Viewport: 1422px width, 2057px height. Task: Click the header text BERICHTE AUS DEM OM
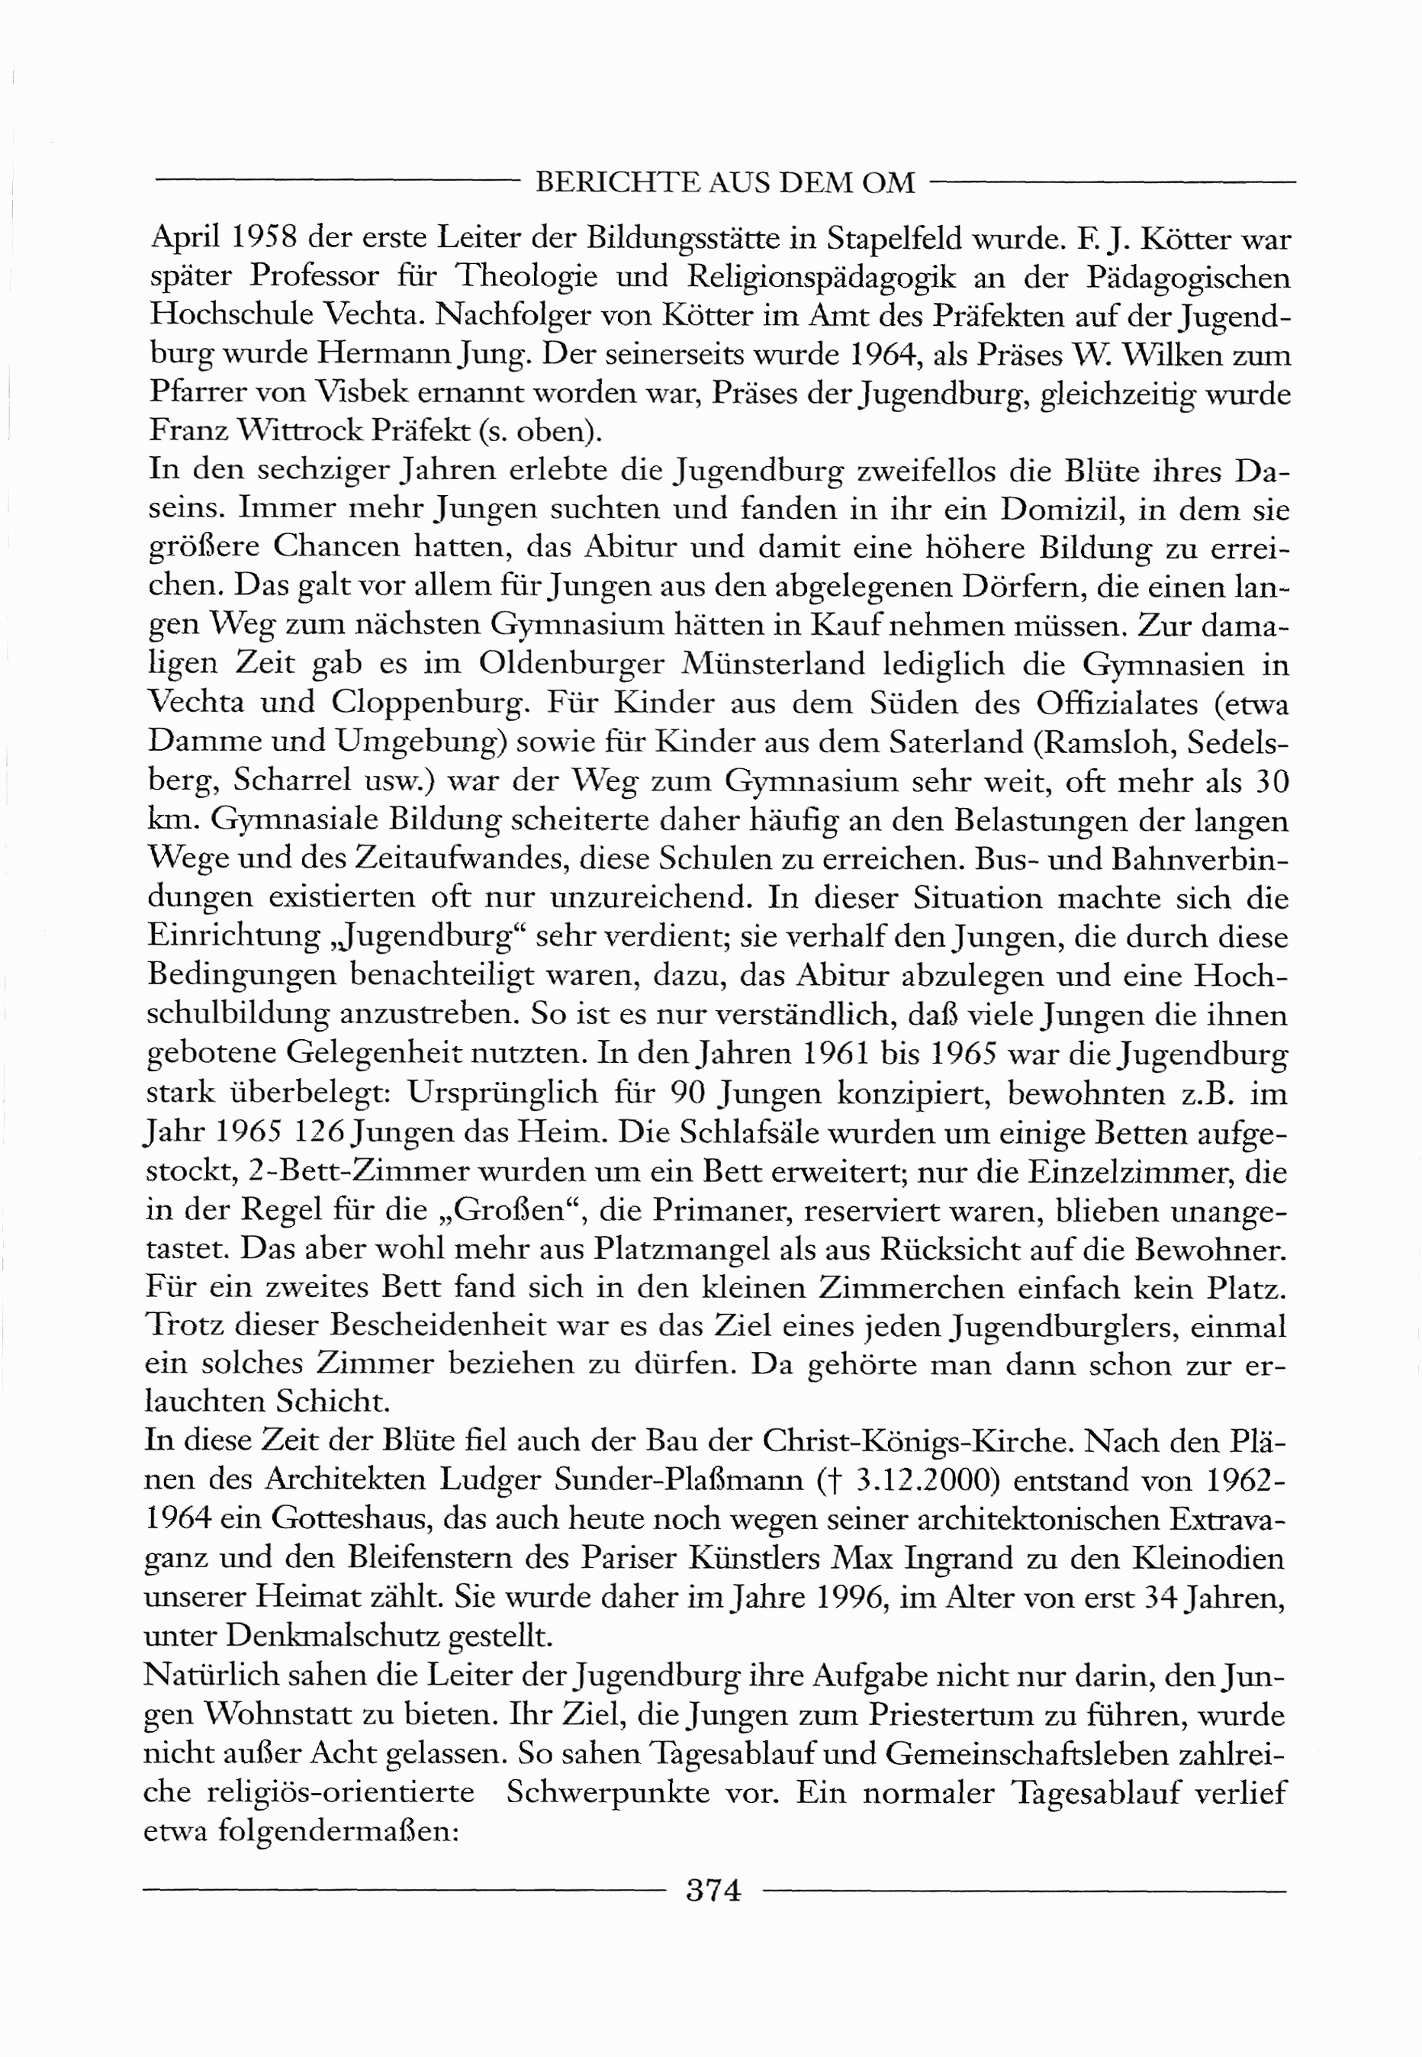point(725,182)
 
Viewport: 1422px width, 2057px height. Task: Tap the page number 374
point(714,1889)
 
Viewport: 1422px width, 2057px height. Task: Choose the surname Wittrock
point(298,431)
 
